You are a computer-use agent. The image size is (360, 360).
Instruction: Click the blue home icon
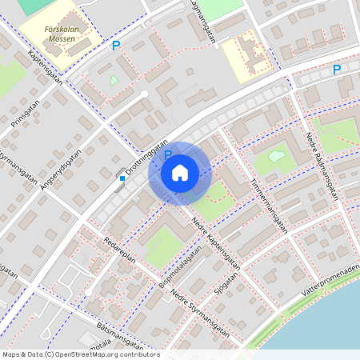coord(179,173)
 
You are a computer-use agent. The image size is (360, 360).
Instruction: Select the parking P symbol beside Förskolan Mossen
coord(116,46)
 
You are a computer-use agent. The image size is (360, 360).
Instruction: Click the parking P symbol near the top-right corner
coord(337,70)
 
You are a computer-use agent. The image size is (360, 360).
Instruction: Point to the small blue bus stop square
coord(122,178)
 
